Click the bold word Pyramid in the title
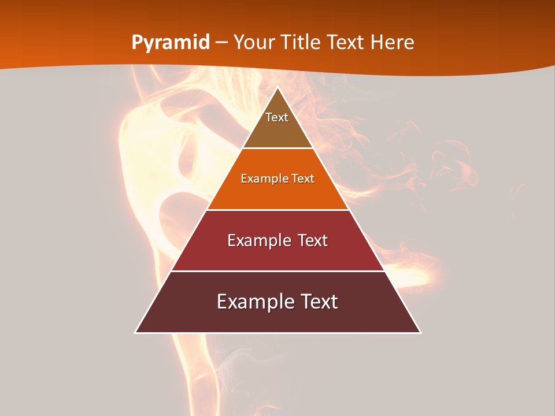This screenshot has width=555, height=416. tap(171, 43)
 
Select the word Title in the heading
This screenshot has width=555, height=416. tap(301, 43)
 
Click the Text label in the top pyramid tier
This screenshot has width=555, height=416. tap(277, 117)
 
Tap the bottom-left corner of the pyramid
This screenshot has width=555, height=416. tap(136, 332)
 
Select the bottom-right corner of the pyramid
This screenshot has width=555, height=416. tap(420, 332)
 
